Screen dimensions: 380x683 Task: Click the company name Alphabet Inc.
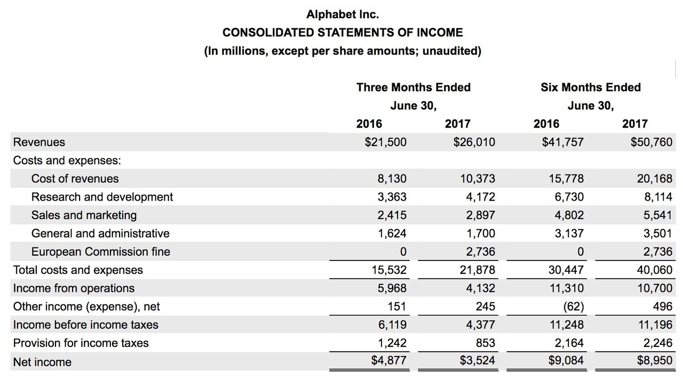pyautogui.click(x=343, y=14)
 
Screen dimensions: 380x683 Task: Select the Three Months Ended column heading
pyautogui.click(x=414, y=87)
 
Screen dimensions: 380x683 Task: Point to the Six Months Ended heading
pyautogui.click(x=591, y=87)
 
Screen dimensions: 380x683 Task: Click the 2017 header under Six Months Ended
pyautogui.click(x=635, y=124)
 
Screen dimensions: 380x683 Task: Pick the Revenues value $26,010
pyautogui.click(x=474, y=142)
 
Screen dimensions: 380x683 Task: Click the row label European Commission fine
pyautogui.click(x=101, y=251)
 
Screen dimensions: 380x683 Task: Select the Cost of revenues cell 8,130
pyautogui.click(x=392, y=178)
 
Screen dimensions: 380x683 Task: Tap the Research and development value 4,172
pyautogui.click(x=480, y=197)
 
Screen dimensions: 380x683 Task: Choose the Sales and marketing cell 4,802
pyautogui.click(x=569, y=215)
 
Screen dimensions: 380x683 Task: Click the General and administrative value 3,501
pyautogui.click(x=658, y=233)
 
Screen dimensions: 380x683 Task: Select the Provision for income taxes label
pyautogui.click(x=81, y=343)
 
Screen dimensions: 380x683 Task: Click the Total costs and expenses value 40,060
pyautogui.click(x=655, y=270)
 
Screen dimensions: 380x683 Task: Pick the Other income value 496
pyautogui.click(x=662, y=306)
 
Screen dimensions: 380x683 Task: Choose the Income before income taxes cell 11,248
pyautogui.click(x=566, y=324)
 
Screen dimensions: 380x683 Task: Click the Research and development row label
pyautogui.click(x=102, y=197)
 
